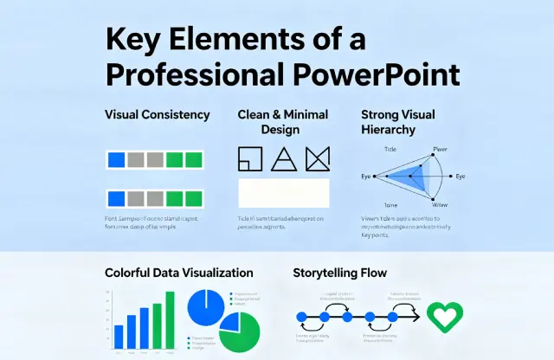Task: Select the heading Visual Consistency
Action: (157, 114)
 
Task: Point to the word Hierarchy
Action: (388, 130)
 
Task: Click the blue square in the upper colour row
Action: (116, 159)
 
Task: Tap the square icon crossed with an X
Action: (318, 158)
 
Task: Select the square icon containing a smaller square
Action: (249, 158)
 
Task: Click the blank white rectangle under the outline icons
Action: (284, 192)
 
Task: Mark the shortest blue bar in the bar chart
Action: (119, 335)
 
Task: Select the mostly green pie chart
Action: (239, 332)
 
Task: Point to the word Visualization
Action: (215, 273)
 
